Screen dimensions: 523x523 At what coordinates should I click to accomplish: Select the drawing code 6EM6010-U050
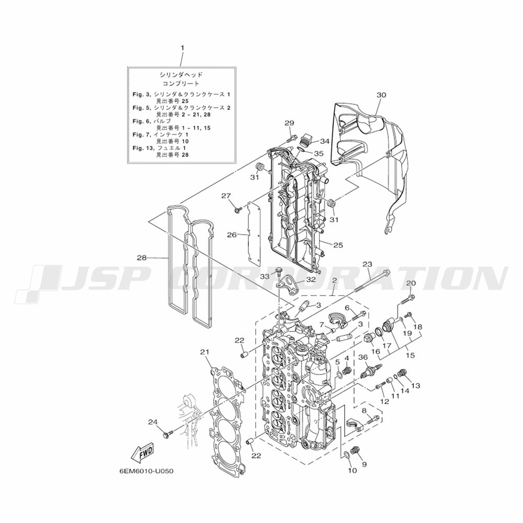pos(146,471)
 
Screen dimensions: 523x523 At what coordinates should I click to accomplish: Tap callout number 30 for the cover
pos(381,95)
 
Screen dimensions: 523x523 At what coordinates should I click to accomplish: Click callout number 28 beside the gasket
pos(142,258)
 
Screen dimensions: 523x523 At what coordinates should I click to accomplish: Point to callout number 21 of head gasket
pos(204,352)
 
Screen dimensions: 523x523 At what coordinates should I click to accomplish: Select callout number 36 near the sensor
pos(363,357)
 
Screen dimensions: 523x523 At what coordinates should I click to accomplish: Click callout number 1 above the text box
pos(183,48)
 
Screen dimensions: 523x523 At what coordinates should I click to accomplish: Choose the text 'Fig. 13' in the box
pos(142,148)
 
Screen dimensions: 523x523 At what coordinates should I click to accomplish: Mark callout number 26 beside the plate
pos(232,235)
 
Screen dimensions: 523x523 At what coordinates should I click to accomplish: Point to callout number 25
pos(338,245)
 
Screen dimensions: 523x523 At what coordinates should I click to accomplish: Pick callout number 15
pos(410,356)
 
